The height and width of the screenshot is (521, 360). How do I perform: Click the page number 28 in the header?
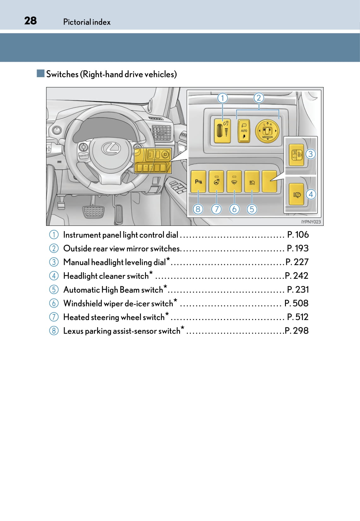pyautogui.click(x=31, y=21)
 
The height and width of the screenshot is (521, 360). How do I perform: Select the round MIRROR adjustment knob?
pyautogui.click(x=267, y=131)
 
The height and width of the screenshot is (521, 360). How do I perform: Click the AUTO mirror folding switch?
pyautogui.click(x=244, y=131)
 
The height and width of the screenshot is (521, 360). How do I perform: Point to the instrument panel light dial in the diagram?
pyautogui.click(x=222, y=131)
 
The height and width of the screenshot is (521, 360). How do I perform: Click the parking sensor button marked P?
pyautogui.click(x=198, y=181)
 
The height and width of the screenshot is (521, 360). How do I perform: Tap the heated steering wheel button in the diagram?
pyautogui.click(x=216, y=181)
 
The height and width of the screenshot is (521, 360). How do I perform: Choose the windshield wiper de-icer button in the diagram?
pyautogui.click(x=234, y=181)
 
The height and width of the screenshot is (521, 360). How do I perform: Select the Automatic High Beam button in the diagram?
pyautogui.click(x=252, y=181)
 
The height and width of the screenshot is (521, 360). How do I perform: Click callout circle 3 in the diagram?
pyautogui.click(x=311, y=154)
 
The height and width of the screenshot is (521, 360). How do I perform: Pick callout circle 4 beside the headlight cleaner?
pyautogui.click(x=311, y=194)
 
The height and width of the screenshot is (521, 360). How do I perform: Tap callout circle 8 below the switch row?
pyautogui.click(x=198, y=209)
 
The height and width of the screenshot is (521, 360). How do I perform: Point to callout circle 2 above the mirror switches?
pyautogui.click(x=259, y=98)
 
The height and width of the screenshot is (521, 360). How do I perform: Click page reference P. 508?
pyautogui.click(x=296, y=303)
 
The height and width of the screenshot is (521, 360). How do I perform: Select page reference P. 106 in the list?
pyautogui.click(x=298, y=235)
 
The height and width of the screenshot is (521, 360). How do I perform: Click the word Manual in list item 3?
pyautogui.click(x=76, y=262)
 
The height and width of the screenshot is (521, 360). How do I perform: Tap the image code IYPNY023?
pyautogui.click(x=311, y=222)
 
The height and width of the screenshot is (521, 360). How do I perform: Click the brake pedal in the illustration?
pyautogui.click(x=93, y=211)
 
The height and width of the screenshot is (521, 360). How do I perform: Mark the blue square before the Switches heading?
pyautogui.click(x=40, y=73)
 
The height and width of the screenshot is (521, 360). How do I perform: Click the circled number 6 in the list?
pyautogui.click(x=54, y=303)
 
